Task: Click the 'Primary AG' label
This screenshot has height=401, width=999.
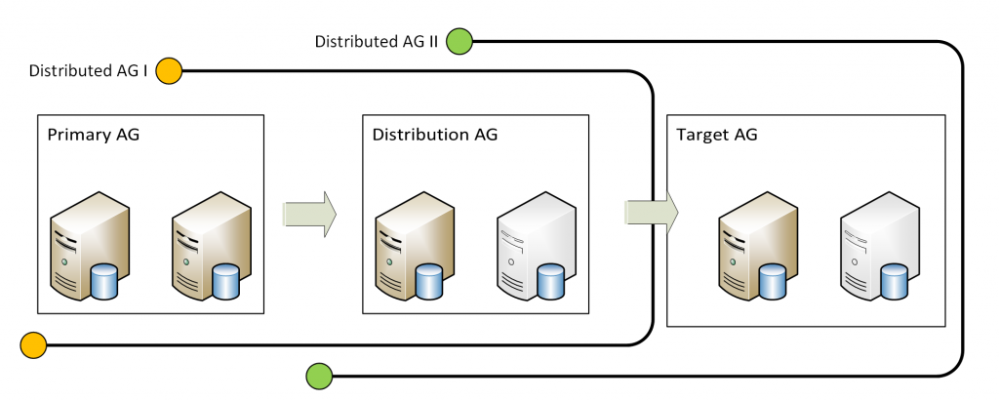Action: (x=93, y=135)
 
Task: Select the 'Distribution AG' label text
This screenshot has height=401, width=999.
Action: (x=434, y=135)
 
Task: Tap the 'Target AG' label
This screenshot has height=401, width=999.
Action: (x=716, y=135)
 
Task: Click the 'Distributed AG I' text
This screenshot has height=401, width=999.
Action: (x=88, y=70)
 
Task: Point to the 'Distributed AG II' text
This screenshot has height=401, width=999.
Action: (x=376, y=42)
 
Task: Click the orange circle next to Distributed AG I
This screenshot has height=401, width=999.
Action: (x=169, y=70)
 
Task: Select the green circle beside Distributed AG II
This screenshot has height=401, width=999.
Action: (x=459, y=42)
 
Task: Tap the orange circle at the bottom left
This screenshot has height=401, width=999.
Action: (x=32, y=344)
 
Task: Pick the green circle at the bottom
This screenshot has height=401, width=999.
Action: (x=319, y=375)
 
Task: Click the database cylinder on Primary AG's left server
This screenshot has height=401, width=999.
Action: (x=103, y=281)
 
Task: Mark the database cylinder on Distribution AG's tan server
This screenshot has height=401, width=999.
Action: (x=429, y=281)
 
